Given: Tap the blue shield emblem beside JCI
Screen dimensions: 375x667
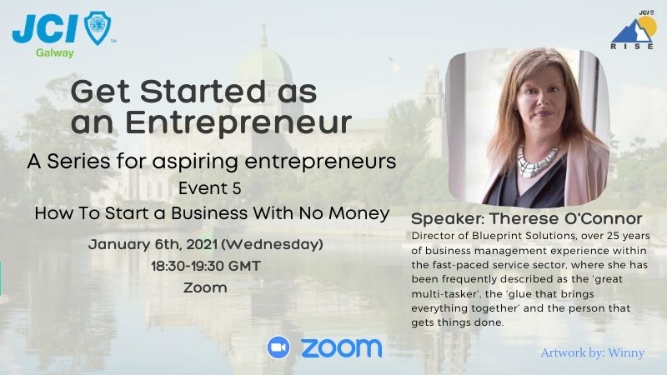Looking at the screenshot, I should coord(98,28).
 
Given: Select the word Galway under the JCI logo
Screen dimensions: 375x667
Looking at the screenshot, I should coord(55,52).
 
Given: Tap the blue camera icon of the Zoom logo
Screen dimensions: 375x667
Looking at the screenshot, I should coord(278,347).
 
